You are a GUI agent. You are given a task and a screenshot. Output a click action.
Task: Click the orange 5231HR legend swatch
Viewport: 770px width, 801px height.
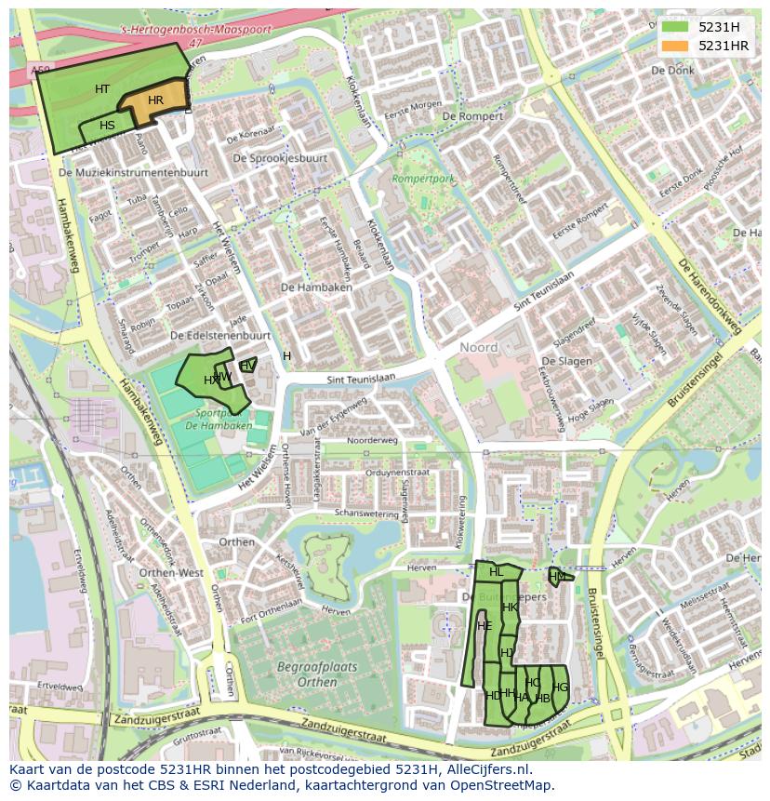pyautogui.click(x=675, y=46)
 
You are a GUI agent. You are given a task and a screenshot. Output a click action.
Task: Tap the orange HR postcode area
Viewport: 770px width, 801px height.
pyautogui.click(x=155, y=102)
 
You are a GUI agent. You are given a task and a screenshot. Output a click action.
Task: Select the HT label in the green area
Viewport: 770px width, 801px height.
pyautogui.click(x=102, y=89)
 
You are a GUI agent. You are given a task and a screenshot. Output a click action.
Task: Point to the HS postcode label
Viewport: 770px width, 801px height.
pyautogui.click(x=107, y=126)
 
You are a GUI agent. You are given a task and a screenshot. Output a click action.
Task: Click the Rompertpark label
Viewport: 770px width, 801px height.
pyautogui.click(x=423, y=177)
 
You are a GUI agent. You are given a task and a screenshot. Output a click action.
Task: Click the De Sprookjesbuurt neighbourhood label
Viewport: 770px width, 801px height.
pyautogui.click(x=280, y=158)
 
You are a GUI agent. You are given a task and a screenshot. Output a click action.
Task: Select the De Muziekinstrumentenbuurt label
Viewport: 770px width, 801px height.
pyautogui.click(x=132, y=173)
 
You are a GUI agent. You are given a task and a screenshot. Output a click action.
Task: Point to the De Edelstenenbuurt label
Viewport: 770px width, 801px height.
pyautogui.click(x=220, y=335)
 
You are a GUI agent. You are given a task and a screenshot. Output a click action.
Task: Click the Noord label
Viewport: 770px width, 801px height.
pyautogui.click(x=479, y=347)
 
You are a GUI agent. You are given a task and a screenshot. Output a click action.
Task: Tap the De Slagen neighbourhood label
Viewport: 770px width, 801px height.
pyautogui.click(x=566, y=361)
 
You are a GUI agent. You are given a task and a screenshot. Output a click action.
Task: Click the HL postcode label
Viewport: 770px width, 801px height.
pyautogui.click(x=496, y=572)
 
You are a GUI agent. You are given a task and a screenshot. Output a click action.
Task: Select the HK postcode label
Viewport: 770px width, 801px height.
pyautogui.click(x=510, y=607)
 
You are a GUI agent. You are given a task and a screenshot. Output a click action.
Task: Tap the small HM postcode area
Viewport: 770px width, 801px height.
pyautogui.click(x=556, y=577)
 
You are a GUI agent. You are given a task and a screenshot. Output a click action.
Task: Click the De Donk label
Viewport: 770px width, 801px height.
pyautogui.click(x=672, y=71)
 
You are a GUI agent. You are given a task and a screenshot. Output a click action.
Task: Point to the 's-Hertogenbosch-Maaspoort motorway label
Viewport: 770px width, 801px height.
pyautogui.click(x=196, y=30)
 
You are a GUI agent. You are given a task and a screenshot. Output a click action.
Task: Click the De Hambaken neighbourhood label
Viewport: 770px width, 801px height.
pyautogui.click(x=316, y=288)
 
